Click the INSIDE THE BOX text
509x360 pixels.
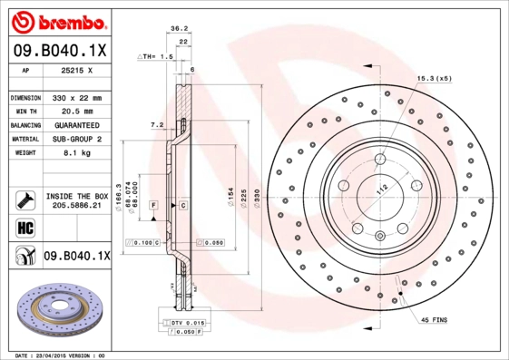pos(76,196)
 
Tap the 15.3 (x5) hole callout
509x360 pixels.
pos(433,80)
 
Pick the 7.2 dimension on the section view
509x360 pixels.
pos(156,123)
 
